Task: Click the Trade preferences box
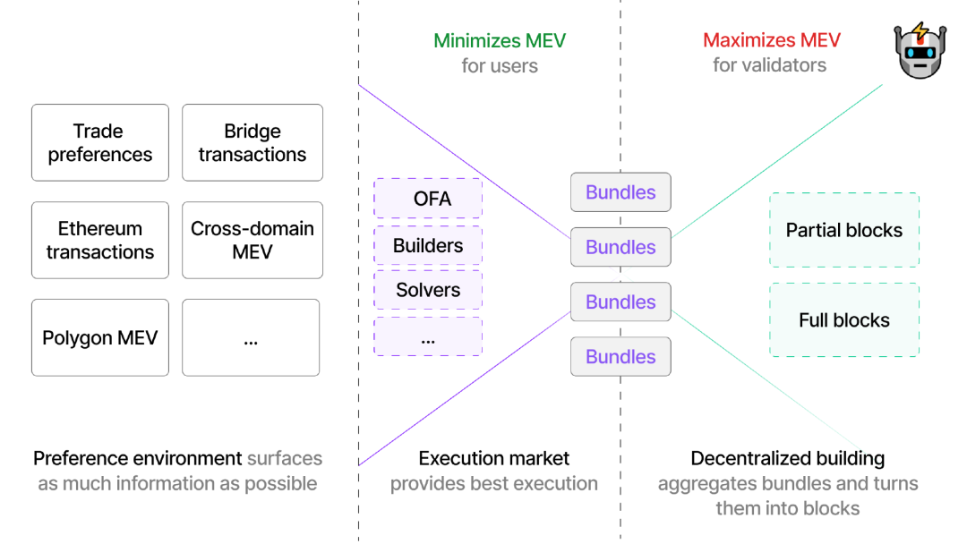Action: pyautogui.click(x=100, y=142)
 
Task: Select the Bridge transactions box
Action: pyautogui.click(x=252, y=142)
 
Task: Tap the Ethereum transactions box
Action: pyautogui.click(x=100, y=240)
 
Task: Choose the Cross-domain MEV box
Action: pyautogui.click(x=252, y=240)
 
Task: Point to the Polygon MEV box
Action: pyautogui.click(x=100, y=337)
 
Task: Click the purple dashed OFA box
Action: pyautogui.click(x=428, y=198)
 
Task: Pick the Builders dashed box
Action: pyautogui.click(x=428, y=245)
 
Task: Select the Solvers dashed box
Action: pyautogui.click(x=428, y=290)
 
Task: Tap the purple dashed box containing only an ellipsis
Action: pyautogui.click(x=428, y=336)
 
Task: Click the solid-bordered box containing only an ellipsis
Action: pyautogui.click(x=251, y=337)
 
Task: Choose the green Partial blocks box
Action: pyautogui.click(x=844, y=230)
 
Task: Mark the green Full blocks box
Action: pyautogui.click(x=844, y=320)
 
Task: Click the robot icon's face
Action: pyautogui.click(x=920, y=56)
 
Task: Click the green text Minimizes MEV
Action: pyautogui.click(x=500, y=40)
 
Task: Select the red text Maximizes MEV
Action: pyautogui.click(x=772, y=40)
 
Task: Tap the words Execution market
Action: pyautogui.click(x=494, y=459)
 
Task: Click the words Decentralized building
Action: pyautogui.click(x=788, y=459)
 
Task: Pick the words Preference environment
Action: pyautogui.click(x=138, y=459)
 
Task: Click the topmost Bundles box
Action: pyautogui.click(x=620, y=192)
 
